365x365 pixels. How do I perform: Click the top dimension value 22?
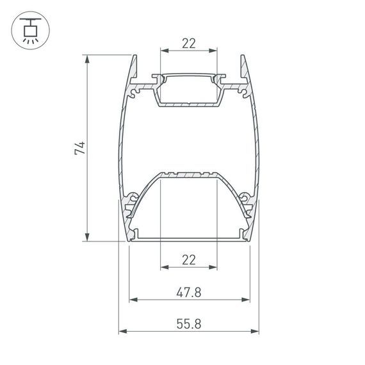click(188, 44)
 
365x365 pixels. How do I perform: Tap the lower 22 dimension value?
click(188, 259)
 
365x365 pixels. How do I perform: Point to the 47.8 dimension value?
click(188, 293)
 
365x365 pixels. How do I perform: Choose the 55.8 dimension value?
click(188, 325)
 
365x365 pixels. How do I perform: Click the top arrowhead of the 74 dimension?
click(87, 58)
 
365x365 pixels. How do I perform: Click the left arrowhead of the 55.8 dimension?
click(122, 332)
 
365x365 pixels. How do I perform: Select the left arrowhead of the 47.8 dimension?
click(133, 299)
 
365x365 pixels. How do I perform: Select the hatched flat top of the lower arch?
click(188, 174)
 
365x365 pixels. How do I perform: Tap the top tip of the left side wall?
click(135, 57)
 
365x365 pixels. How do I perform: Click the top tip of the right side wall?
click(242, 57)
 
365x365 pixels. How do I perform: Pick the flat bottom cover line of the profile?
click(188, 238)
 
